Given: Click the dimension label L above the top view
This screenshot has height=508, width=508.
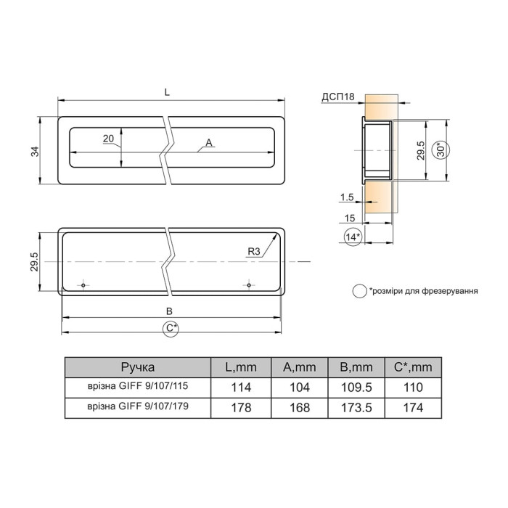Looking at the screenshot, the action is point(167,92).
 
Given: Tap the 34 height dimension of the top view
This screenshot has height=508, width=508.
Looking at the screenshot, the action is point(35,152).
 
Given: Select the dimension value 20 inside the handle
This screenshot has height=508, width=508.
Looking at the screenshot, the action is point(109,139).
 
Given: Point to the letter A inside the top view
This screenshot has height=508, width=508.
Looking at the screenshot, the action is point(209,142).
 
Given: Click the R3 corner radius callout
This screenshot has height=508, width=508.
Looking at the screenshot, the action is point(254,251).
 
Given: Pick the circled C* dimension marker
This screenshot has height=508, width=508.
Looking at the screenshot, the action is point(171,328).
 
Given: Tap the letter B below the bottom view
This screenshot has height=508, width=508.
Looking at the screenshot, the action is point(169,311).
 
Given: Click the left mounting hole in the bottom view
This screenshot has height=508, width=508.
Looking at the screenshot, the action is point(83,285).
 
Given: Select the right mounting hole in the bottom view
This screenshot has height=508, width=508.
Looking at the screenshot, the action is point(249,285).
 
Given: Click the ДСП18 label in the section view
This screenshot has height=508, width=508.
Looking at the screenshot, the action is point(338,97).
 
